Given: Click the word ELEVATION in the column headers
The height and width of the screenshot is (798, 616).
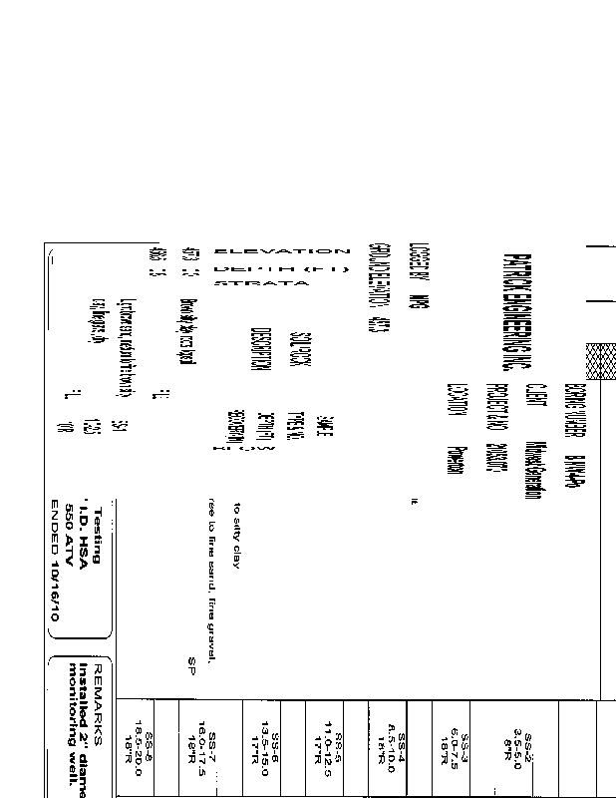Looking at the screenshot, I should (x=282, y=250).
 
